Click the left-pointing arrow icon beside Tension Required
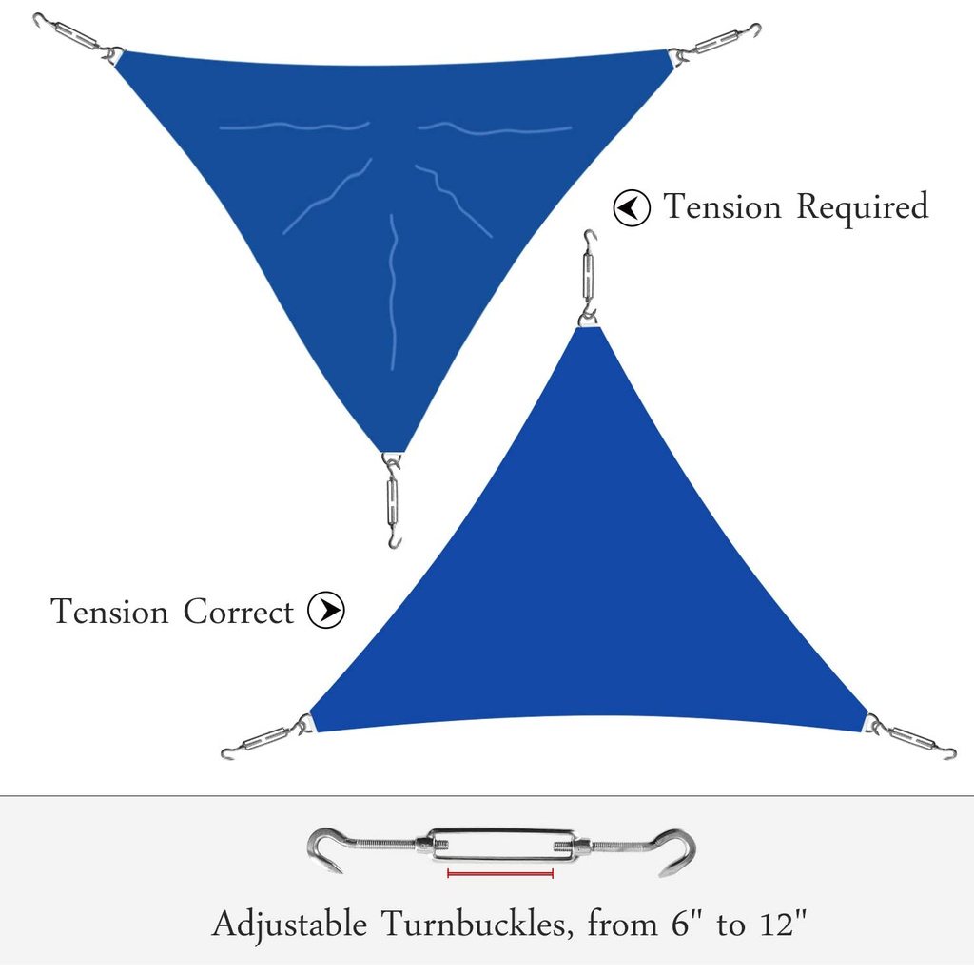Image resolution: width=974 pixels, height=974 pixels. pos(632,207)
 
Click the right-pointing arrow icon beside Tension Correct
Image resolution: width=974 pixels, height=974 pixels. pos(326,611)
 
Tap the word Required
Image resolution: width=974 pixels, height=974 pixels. pos(861,206)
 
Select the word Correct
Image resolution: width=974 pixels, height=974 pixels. pos(239,612)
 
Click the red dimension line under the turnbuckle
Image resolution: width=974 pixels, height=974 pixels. pos(500,873)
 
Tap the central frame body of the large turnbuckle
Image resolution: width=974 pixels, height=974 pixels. pos(500,844)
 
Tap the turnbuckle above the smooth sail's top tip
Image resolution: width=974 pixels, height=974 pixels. pos(589,276)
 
